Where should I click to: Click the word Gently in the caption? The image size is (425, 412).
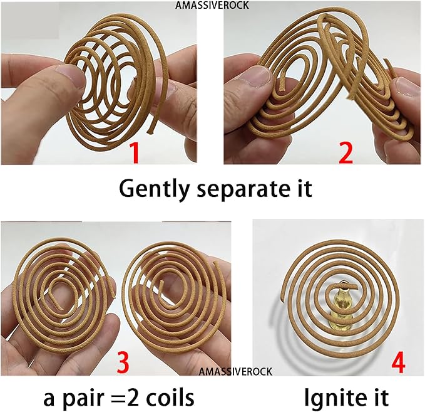152,188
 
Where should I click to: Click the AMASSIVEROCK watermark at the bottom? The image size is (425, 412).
235,371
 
